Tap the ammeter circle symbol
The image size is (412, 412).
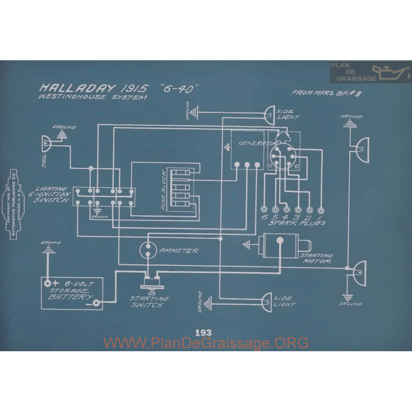click(149, 249)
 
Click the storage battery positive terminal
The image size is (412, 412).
click(48, 283)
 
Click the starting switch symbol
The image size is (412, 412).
click(152, 283)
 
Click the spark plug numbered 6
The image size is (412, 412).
click(264, 210)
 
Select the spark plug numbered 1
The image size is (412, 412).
click(321, 210)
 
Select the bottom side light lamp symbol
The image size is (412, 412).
click(268, 299)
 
